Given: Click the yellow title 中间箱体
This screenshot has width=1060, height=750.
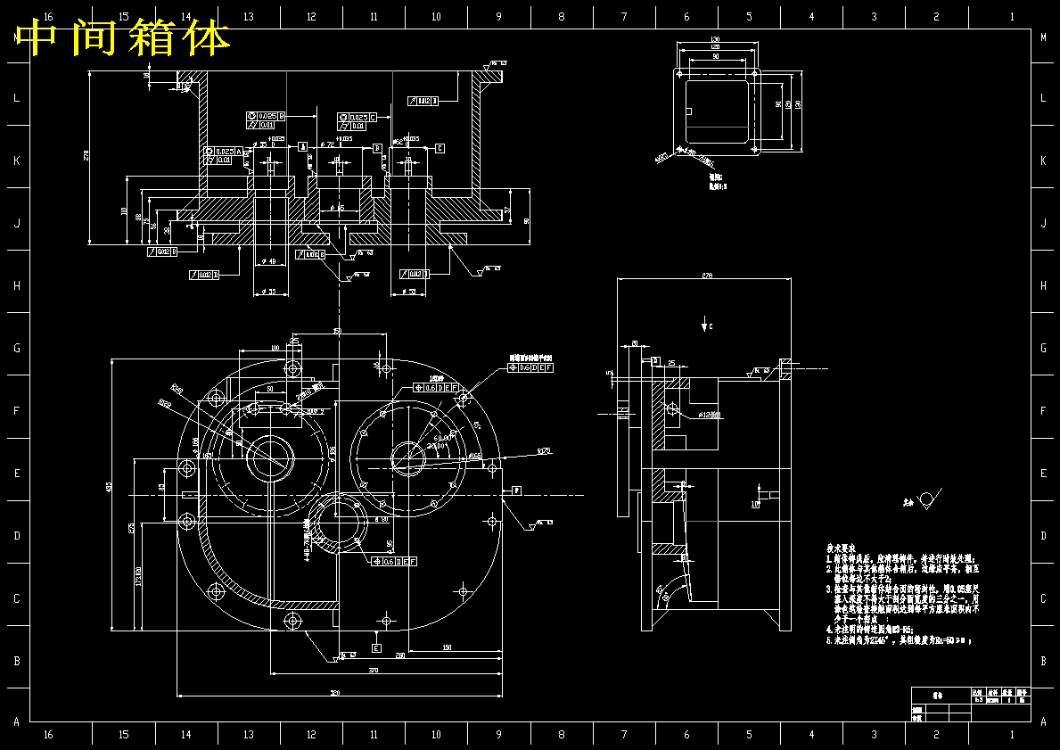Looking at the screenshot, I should tap(123, 37).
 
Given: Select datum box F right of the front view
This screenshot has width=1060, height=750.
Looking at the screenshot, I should tap(516, 490).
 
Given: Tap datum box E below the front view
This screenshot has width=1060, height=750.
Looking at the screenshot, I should tap(376, 647).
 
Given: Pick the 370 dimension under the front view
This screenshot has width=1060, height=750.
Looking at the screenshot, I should tap(373, 669).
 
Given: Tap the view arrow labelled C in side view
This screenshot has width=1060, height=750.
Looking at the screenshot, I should tap(706, 323).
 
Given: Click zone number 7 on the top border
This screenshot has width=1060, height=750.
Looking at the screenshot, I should tap(624, 16).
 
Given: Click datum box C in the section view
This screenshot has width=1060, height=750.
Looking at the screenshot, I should tap(440, 147).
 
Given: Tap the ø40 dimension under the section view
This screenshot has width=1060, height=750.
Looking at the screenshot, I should tap(270, 260).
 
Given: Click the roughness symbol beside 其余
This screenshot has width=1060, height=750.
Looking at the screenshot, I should tap(929, 500).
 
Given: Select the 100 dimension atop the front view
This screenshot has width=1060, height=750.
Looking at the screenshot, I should tap(275, 347).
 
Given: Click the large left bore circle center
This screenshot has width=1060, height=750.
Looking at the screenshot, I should tap(269, 458).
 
